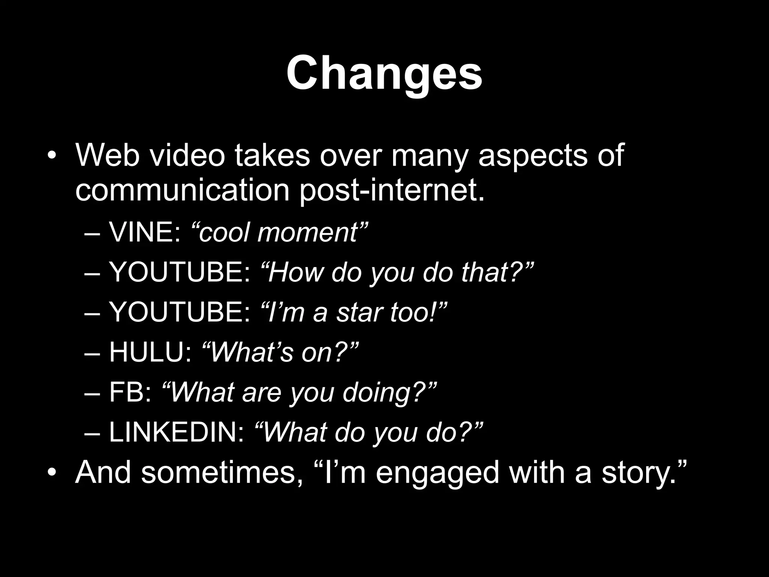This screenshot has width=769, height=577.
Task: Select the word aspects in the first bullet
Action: (x=532, y=156)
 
